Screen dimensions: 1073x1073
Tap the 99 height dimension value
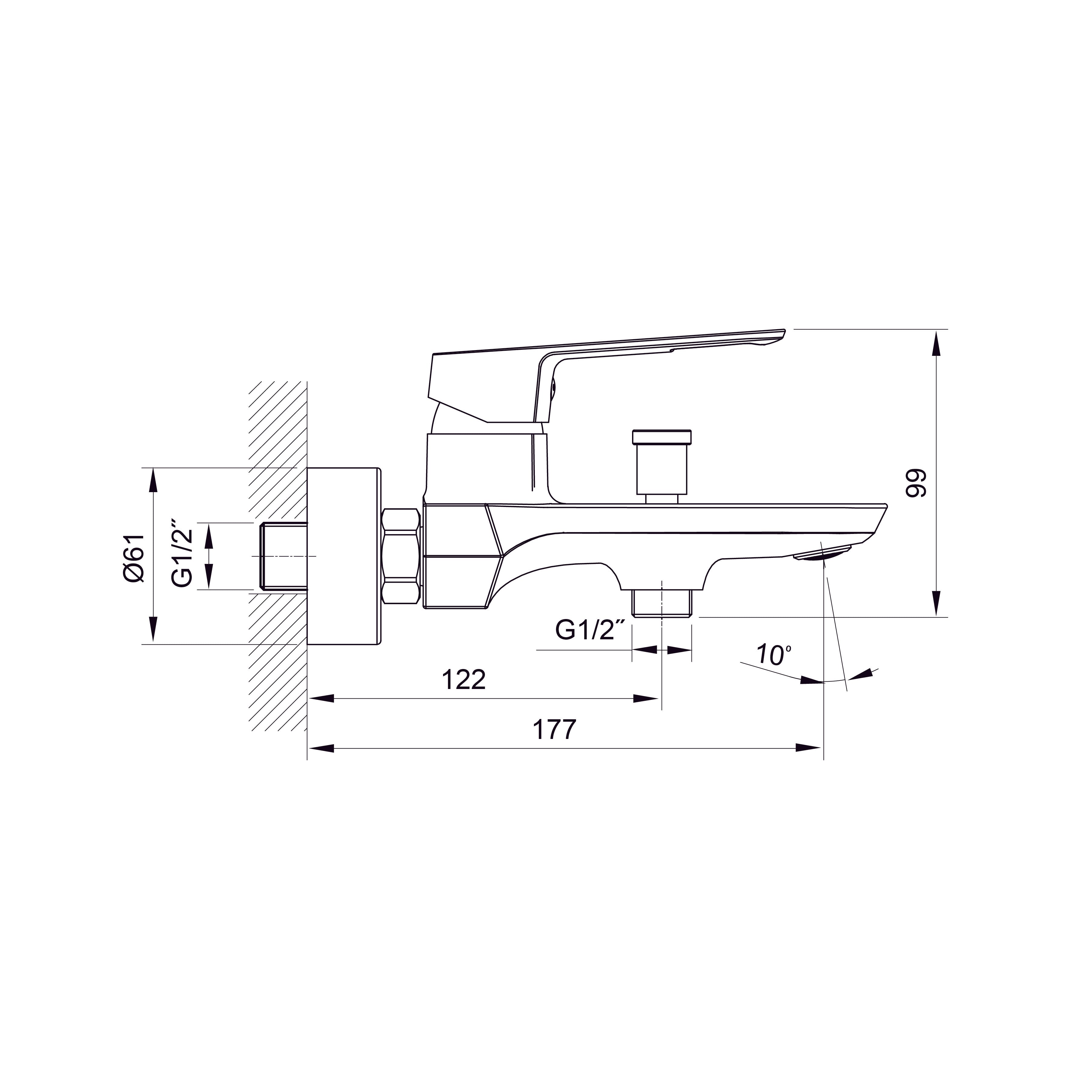click(917, 483)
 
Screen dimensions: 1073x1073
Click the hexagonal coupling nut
click(400, 557)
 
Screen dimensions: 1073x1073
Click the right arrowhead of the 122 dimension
click(647, 699)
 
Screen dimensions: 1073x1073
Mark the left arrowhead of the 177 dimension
click(321, 748)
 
